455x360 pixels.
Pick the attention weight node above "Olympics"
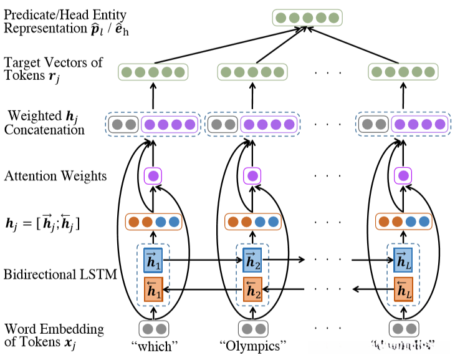(252, 176)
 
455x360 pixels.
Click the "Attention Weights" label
(55, 177)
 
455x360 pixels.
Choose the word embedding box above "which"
(153, 328)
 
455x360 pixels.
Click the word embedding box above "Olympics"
(252, 328)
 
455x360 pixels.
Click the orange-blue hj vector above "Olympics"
(252, 221)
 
